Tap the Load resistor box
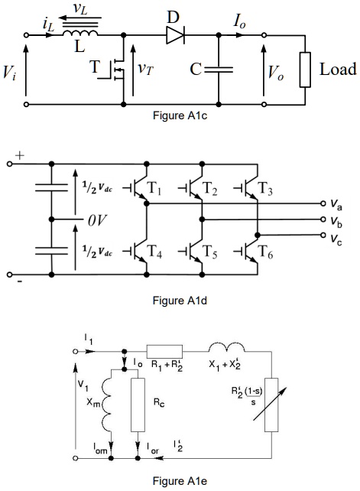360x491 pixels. point(305,70)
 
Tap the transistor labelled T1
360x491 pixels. point(141,192)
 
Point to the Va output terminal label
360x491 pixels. point(336,204)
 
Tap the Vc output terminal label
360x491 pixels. point(336,236)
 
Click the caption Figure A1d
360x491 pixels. point(180,300)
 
